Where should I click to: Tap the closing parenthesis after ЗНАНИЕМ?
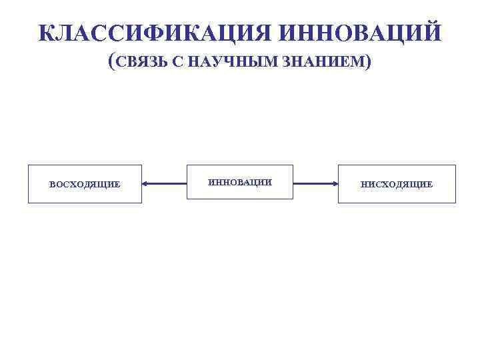[369, 62]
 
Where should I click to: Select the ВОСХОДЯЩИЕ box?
[85, 184]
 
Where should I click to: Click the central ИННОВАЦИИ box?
[240, 182]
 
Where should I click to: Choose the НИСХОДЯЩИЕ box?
[397, 184]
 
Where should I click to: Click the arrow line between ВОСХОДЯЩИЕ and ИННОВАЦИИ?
[165, 183]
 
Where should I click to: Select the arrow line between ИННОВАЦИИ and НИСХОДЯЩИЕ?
[315, 183]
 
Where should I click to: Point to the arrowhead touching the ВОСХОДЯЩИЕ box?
[146, 183]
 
